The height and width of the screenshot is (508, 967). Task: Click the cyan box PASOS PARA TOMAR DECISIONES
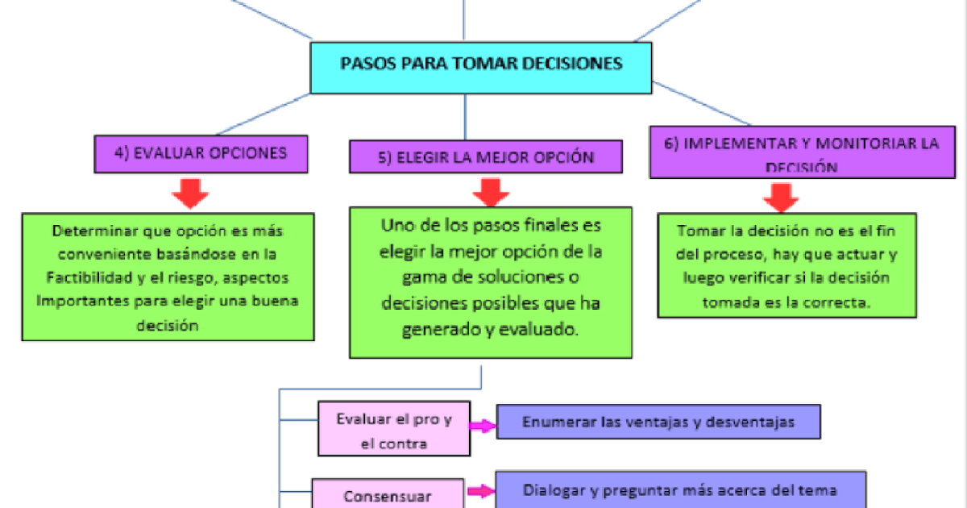(x=481, y=64)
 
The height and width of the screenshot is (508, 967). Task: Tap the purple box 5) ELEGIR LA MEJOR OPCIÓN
(x=486, y=157)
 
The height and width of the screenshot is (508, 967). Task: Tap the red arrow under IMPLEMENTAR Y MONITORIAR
(x=779, y=197)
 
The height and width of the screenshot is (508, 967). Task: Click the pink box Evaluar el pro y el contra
(x=394, y=431)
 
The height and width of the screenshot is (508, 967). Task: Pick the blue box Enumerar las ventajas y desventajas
(x=658, y=422)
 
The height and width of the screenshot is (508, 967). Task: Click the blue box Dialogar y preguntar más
(x=679, y=489)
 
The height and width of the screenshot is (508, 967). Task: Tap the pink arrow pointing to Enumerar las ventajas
(x=482, y=427)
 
